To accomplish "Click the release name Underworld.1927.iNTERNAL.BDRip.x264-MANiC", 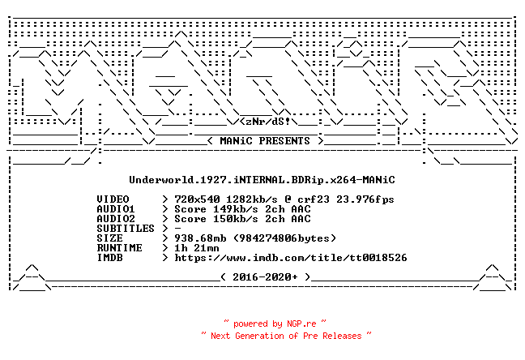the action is pyautogui.click(x=262, y=180).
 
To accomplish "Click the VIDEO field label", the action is pyautogui.click(x=113, y=199).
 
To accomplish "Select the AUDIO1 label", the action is pyautogui.click(x=116, y=209).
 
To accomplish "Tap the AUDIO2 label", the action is pyautogui.click(x=116, y=219).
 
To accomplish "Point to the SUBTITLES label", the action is pyautogui.click(x=126, y=229).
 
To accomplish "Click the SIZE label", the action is pyautogui.click(x=110, y=238).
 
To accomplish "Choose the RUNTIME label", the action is pyautogui.click(x=120, y=248).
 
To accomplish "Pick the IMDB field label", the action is pyautogui.click(x=110, y=257).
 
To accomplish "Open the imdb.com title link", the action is pyautogui.click(x=291, y=257).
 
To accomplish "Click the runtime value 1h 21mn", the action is pyautogui.click(x=197, y=248).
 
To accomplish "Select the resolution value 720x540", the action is pyautogui.click(x=197, y=199).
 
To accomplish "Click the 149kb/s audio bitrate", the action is pyautogui.click(x=236, y=209).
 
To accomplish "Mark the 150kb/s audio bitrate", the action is pyautogui.click(x=236, y=219).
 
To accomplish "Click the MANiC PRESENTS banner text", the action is pyautogui.click(x=265, y=141).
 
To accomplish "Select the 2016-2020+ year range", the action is pyautogui.click(x=265, y=276).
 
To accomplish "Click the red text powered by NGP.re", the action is pyautogui.click(x=275, y=324).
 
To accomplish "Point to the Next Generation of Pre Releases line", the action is pyautogui.click(x=286, y=336).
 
